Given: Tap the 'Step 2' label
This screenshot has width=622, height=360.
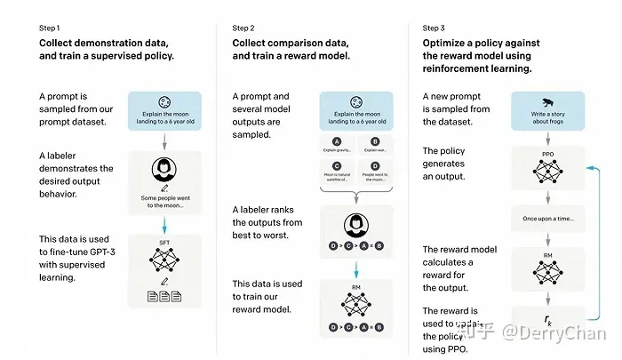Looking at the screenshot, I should [247, 28].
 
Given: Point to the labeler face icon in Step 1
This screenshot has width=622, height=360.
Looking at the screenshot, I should [164, 169].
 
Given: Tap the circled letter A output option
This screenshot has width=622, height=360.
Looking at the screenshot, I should [336, 140].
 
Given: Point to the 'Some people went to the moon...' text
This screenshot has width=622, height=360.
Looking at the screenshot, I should [164, 200].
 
